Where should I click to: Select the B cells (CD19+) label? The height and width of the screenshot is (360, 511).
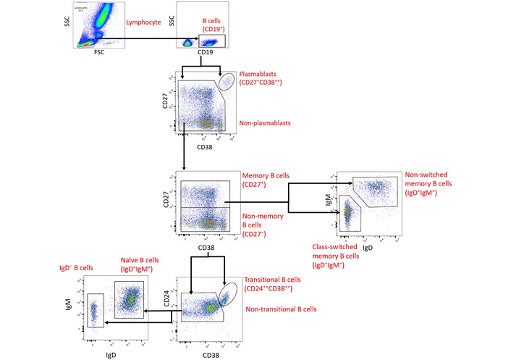click(x=213, y=25)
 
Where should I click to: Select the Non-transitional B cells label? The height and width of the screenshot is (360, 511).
click(x=281, y=310)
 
